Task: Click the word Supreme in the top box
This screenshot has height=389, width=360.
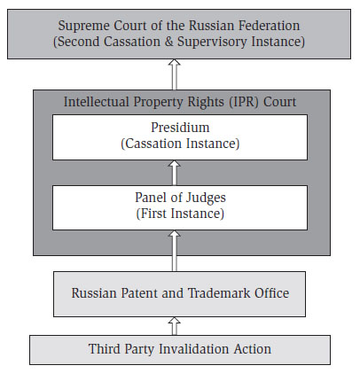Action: (x=83, y=27)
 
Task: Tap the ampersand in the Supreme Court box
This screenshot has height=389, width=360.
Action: (x=168, y=42)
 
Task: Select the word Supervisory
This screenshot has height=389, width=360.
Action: (x=212, y=42)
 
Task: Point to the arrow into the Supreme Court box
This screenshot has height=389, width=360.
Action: (x=175, y=74)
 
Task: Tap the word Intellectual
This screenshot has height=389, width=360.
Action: (x=97, y=102)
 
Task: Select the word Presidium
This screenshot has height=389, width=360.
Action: (x=180, y=128)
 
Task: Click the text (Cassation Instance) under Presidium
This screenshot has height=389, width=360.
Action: (x=180, y=144)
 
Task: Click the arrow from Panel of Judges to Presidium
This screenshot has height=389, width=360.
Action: (x=175, y=173)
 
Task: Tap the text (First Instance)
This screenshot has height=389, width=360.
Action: (x=180, y=214)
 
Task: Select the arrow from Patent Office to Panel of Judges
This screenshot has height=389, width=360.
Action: (x=175, y=251)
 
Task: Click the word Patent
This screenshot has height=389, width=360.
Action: (x=139, y=293)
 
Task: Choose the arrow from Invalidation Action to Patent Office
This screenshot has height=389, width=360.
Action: (x=175, y=326)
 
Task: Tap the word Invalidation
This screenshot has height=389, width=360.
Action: (x=194, y=349)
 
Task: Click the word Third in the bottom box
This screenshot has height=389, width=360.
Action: (x=105, y=349)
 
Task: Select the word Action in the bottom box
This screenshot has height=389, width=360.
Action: (x=252, y=349)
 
